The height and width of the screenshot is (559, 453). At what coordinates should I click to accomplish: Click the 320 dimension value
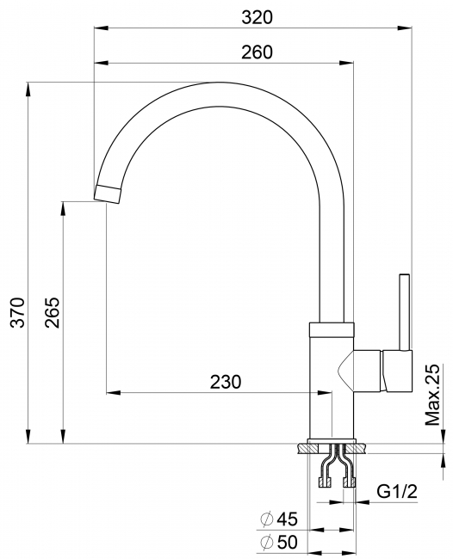pyautogui.click(x=257, y=17)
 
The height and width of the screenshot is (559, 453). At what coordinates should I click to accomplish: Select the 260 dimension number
pyautogui.click(x=257, y=52)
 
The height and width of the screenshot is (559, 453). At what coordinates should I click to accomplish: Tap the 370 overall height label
pyautogui.click(x=17, y=312)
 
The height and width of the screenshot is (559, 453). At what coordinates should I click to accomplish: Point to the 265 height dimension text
pyautogui.click(x=53, y=312)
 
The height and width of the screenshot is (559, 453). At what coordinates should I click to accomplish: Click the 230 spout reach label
pyautogui.click(x=226, y=382)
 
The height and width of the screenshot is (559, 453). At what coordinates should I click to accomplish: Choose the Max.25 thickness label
pyautogui.click(x=432, y=395)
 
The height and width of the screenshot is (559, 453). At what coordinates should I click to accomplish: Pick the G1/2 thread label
pyautogui.click(x=397, y=492)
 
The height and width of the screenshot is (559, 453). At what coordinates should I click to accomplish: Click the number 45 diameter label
pyautogui.click(x=288, y=519)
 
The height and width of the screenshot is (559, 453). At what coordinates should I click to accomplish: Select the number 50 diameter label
pyautogui.click(x=288, y=543)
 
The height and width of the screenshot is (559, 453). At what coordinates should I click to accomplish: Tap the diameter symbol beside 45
pyautogui.click(x=267, y=519)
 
